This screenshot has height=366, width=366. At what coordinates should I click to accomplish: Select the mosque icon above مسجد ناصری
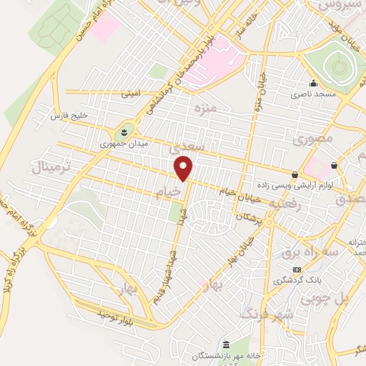click(x=312, y=84)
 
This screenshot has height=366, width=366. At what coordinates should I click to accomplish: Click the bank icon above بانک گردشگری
click(x=297, y=269)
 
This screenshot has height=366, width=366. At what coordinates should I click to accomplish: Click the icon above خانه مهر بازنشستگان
click(x=226, y=345)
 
